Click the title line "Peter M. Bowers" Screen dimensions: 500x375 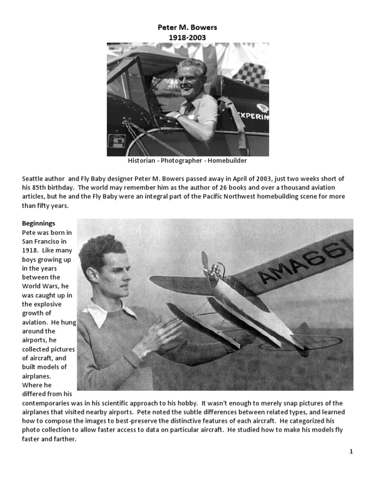coord(187,28)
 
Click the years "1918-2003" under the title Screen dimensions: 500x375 coord(187,37)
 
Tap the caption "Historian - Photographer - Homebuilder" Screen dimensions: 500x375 coord(187,161)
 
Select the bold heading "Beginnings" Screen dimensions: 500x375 coord(39,223)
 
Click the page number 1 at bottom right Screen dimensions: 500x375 coord(351,452)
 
